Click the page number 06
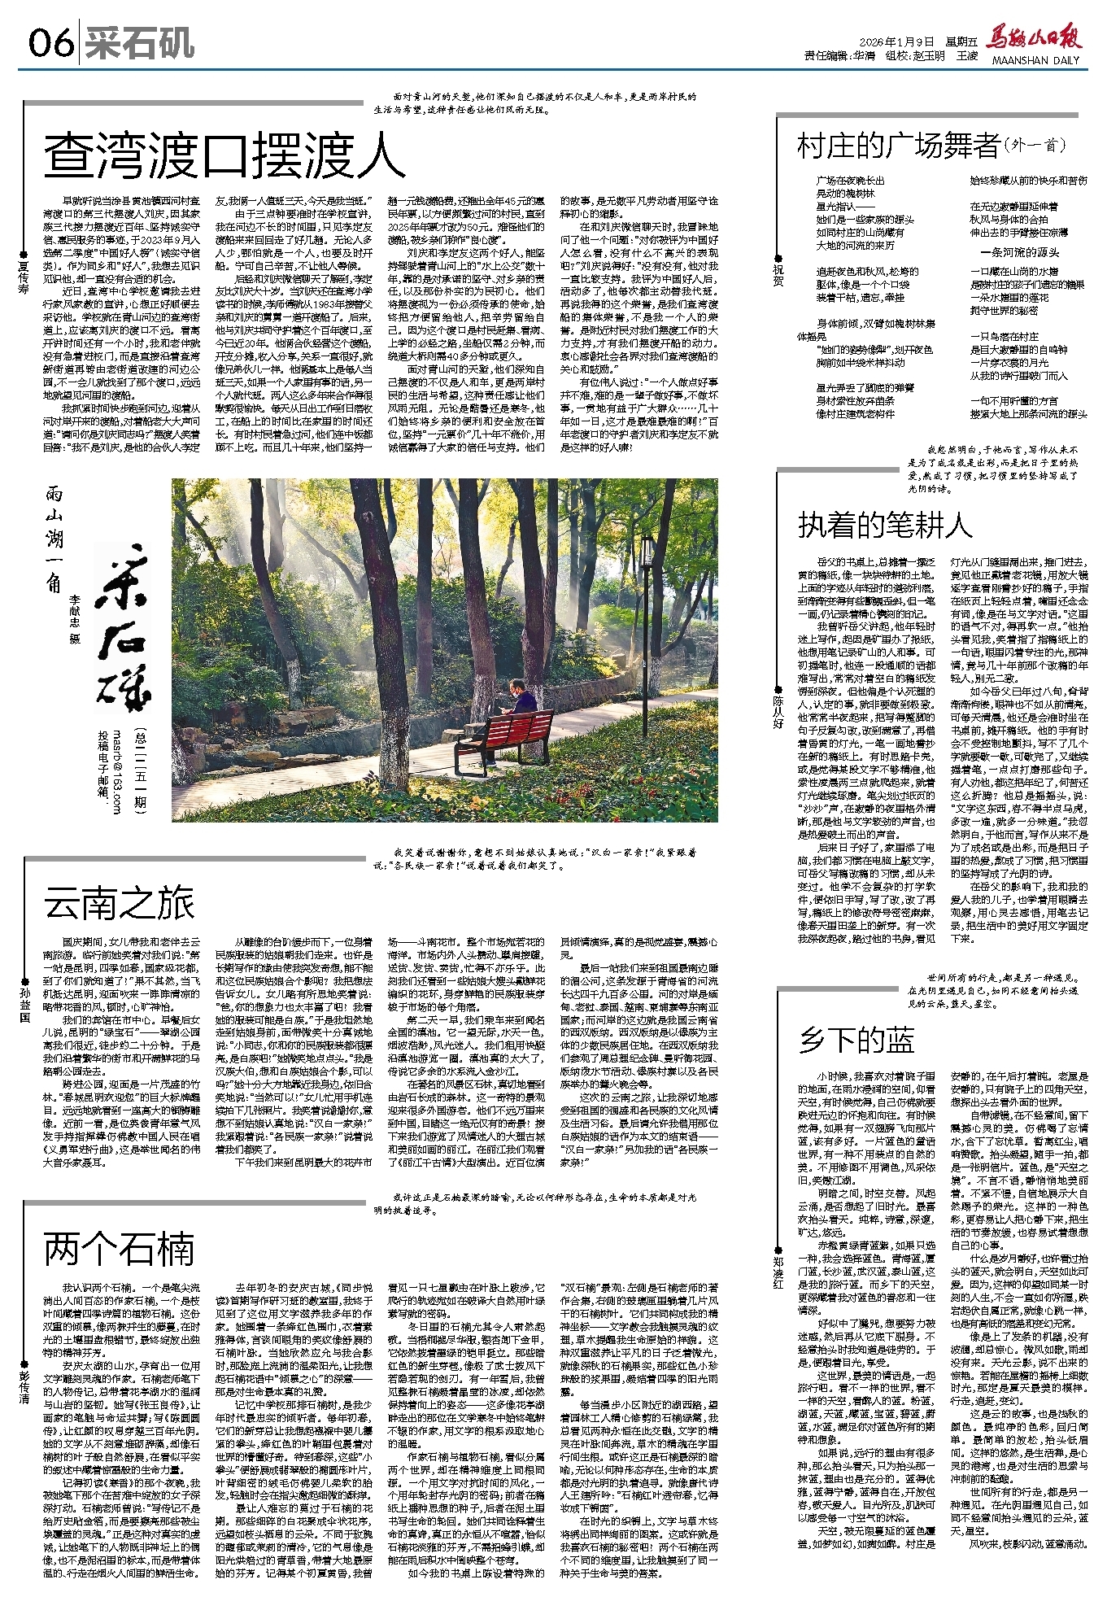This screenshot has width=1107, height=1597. [x=50, y=43]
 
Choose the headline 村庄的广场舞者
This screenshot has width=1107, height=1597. [x=898, y=146]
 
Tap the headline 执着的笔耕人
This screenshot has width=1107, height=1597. [x=885, y=526]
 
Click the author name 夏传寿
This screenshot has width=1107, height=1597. [x=24, y=277]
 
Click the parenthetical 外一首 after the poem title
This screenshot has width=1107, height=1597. [x=1035, y=146]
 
